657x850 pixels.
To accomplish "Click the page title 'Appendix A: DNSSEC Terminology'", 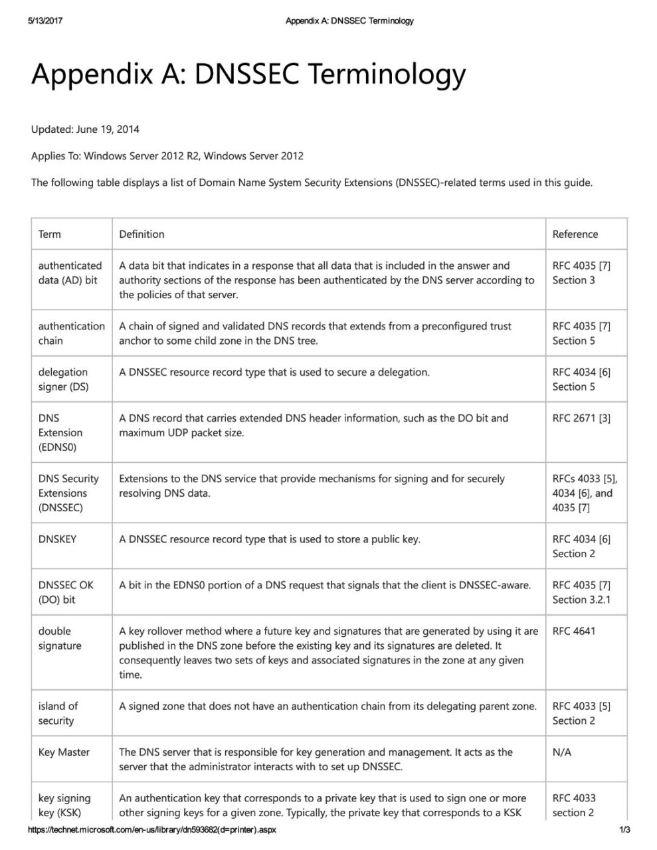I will (x=248, y=75).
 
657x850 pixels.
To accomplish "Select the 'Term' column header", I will (x=50, y=234).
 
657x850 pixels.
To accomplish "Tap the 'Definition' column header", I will (x=141, y=234).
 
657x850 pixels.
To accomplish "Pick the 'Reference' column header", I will (x=575, y=234).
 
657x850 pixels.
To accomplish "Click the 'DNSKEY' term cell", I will (x=57, y=539).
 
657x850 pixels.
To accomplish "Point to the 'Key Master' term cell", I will (x=64, y=752).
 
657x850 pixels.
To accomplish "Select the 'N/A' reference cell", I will (x=562, y=752).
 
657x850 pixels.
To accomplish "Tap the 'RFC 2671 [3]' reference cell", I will (x=581, y=418).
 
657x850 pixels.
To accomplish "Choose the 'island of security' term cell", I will (x=58, y=713).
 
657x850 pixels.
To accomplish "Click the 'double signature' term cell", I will (x=60, y=638).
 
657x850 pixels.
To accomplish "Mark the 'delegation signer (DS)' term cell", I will (x=63, y=379).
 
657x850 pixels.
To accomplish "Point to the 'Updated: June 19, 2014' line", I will (x=85, y=129).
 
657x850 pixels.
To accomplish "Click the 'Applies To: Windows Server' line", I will (x=167, y=156).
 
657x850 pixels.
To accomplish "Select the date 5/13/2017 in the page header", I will (x=45, y=21).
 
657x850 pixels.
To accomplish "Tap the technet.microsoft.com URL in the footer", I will (x=151, y=830).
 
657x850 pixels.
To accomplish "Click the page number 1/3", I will (x=624, y=830).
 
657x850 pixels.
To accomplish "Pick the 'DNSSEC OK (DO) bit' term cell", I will (x=66, y=592).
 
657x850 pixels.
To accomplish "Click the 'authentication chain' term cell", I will (x=71, y=333).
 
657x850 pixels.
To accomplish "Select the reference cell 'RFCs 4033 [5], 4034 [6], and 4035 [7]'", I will (x=585, y=493).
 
